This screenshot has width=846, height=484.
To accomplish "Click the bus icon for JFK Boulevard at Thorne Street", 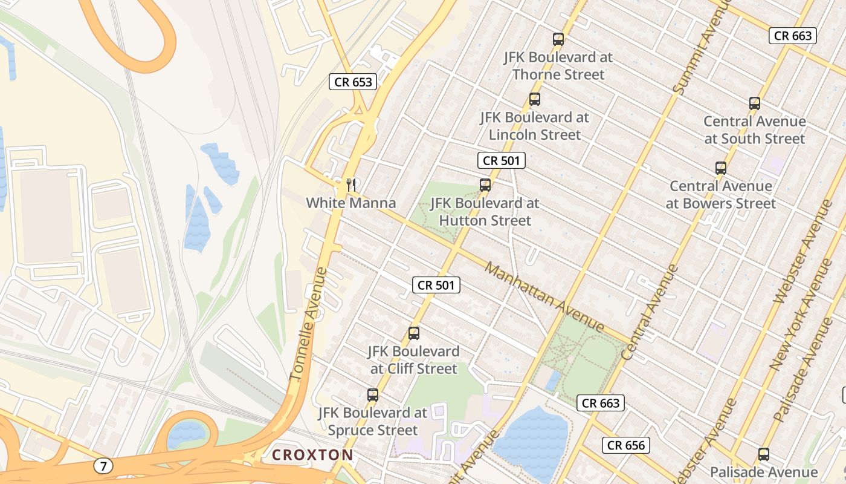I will coord(558,39).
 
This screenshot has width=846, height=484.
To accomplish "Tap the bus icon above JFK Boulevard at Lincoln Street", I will coord(535,99).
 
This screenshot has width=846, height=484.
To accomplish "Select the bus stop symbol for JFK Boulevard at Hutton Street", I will coord(485,185).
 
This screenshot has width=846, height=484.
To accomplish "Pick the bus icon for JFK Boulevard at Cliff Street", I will coord(414,333).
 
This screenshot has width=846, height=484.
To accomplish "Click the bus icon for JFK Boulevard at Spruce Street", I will coord(373,395).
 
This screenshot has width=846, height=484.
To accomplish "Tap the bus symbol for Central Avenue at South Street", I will coord(755,103).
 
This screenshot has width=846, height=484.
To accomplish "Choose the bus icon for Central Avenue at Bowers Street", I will coord(720,168).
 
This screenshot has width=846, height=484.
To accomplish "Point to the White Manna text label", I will coord(351,203).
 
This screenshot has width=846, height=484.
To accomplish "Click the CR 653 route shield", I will coord(353,82).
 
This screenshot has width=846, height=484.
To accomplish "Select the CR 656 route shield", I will coord(626,446).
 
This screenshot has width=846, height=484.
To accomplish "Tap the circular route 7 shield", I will coord(103,466).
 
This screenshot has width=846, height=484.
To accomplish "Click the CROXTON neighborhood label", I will coord(312,454).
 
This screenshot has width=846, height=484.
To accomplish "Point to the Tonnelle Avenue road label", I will coord(308,324).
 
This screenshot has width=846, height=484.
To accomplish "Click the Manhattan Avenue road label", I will coord(544,296).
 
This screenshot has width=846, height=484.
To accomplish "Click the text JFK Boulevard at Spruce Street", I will coord(373,422).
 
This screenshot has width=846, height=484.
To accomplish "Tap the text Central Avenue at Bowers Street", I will coord(720,195).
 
